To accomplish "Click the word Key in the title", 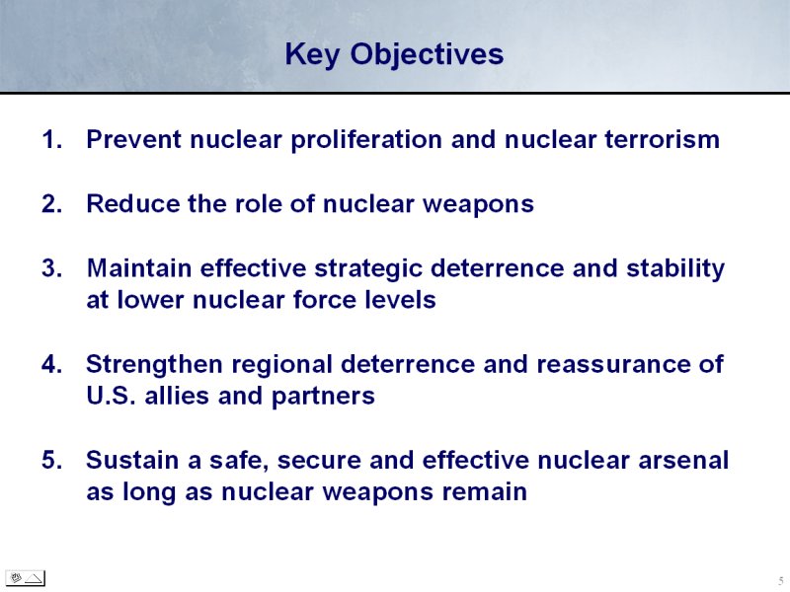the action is click(312, 54).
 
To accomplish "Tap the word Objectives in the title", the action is click(427, 54).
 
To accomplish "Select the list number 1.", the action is click(52, 139).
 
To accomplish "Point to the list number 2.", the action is click(52, 204).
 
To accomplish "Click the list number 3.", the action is click(52, 267).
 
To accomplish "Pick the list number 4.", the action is click(52, 364).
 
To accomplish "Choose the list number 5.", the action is click(52, 460).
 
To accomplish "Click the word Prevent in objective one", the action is click(134, 139).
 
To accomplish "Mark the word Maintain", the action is click(139, 267).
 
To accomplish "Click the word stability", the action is click(675, 268).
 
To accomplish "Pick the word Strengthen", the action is click(154, 365).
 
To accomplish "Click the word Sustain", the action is click(132, 460).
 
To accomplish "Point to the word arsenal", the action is click(683, 460).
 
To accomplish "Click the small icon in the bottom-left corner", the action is click(26, 578).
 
